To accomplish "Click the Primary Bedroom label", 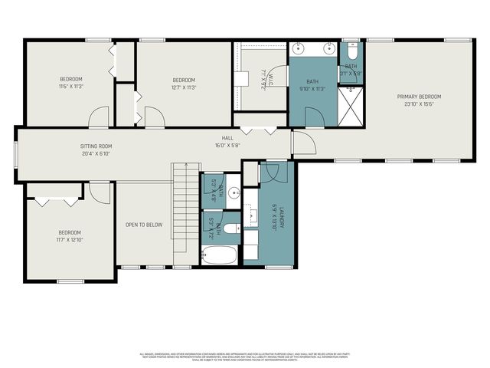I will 419,97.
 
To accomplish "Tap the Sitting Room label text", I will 96,146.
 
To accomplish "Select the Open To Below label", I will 144,225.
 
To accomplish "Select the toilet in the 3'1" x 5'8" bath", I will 351,52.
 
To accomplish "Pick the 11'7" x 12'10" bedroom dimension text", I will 70,240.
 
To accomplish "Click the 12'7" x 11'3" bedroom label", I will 184,87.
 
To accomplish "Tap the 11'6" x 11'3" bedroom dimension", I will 71,87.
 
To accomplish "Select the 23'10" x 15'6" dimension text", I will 419,104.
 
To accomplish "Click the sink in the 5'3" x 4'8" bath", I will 234,192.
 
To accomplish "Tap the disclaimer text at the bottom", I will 245,356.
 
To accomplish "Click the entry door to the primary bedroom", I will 302,143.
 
